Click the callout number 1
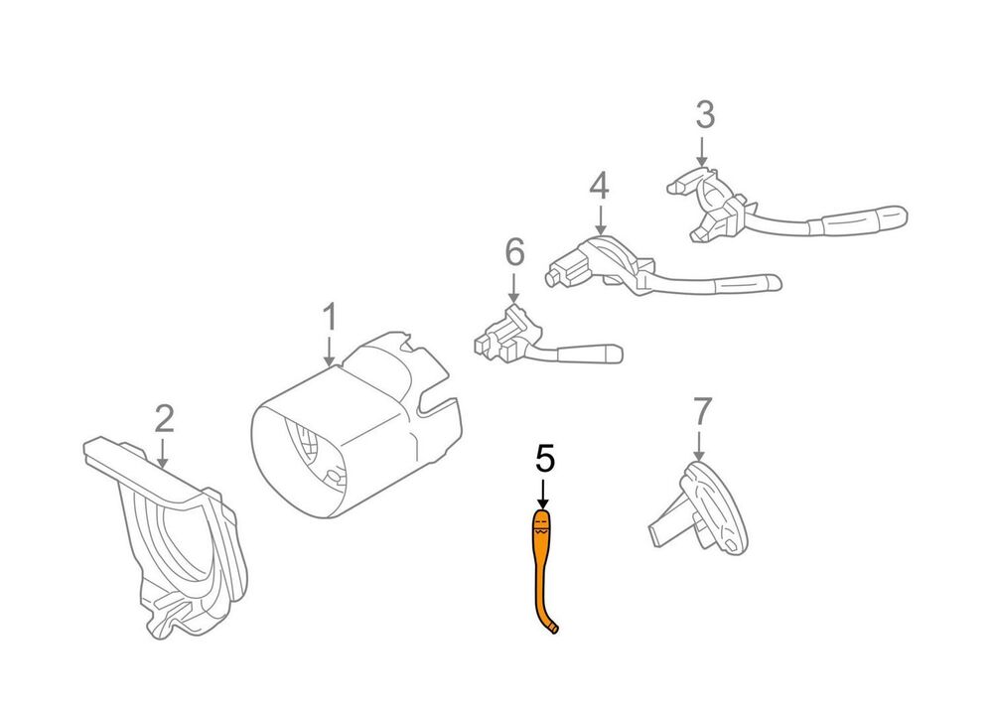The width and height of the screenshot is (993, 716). pos(330,317)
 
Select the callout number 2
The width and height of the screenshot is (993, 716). pos(164,418)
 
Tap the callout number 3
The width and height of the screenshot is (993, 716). pos(705,114)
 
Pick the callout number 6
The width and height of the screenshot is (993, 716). pos(514,251)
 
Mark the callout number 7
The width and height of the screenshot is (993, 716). pos(702,411)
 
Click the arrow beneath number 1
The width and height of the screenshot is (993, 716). pos(329,352)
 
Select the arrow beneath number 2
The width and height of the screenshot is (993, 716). pos(162,453)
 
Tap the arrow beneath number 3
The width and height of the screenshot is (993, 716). pos(702,151)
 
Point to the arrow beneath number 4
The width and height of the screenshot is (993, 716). pos(600,221)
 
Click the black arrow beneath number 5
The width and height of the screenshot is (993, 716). pos(542,494)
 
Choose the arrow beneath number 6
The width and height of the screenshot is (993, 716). pos(513,288)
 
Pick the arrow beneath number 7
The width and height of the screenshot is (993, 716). pos(698,446)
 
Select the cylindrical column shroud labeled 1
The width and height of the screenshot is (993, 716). pos(357,424)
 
